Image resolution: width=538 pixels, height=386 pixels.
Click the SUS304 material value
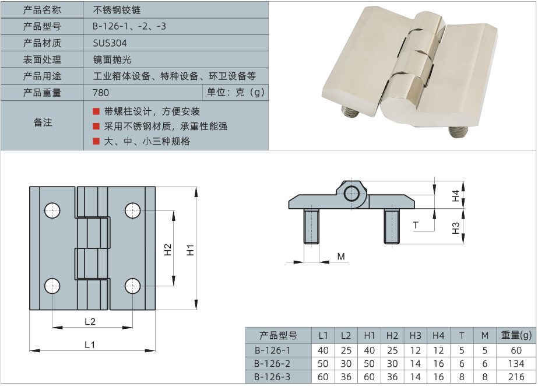click(x=110, y=43)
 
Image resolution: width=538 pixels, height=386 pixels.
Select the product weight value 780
click(x=101, y=93)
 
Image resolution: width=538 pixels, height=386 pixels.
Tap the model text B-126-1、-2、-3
click(x=129, y=26)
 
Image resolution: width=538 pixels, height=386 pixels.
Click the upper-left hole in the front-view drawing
click(x=52, y=210)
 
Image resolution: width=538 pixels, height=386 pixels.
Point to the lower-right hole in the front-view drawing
click(x=133, y=285)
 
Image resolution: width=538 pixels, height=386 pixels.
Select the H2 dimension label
click(x=168, y=250)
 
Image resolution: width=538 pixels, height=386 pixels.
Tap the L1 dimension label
click(x=89, y=345)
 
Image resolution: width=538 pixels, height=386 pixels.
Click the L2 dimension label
click(x=90, y=321)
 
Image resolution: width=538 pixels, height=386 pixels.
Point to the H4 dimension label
click(x=456, y=196)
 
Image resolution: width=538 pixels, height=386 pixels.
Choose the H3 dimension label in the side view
click(x=456, y=227)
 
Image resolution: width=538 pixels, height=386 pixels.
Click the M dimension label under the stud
click(x=341, y=257)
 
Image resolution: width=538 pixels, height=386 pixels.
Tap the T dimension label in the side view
click(x=416, y=225)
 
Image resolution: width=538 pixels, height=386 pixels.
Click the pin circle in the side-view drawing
click(x=352, y=194)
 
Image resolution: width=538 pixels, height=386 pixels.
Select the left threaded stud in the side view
click(x=311, y=226)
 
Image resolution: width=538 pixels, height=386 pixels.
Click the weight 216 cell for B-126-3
click(x=516, y=377)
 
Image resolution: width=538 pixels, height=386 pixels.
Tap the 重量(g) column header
click(x=516, y=335)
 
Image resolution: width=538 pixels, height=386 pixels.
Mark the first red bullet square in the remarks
click(x=96, y=111)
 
